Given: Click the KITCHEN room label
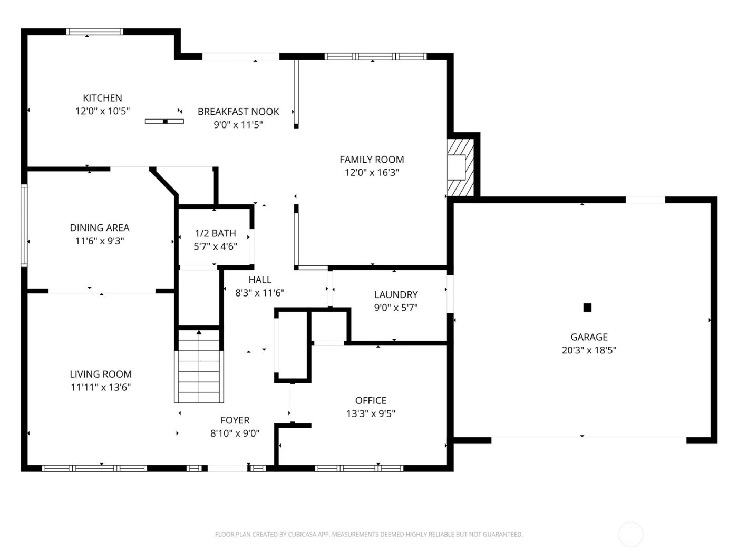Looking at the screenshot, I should tap(102, 98).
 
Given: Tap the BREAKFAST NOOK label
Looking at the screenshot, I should tap(238, 112).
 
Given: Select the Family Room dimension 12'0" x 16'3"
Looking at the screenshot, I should tap(372, 172).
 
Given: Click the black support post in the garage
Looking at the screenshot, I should tap(587, 308).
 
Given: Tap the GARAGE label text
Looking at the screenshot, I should tap(589, 337).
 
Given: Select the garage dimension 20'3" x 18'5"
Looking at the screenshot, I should tap(589, 350).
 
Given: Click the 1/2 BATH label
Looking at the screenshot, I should tap(215, 233).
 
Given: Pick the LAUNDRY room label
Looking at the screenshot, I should tap(396, 295).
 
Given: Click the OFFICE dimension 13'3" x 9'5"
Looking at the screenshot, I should tap(371, 413).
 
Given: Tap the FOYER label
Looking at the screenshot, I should tap(235, 420).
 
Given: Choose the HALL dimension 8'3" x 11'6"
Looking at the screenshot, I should tap(260, 293).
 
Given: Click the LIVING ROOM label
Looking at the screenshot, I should tap(101, 374).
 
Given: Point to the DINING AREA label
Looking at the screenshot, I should tap(100, 228).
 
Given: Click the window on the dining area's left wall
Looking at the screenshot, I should tap(24, 225).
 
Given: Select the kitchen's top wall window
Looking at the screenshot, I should tap(95, 32).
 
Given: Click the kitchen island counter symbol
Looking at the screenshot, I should tap(164, 122).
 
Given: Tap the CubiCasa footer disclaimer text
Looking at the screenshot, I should tap(368, 535).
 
